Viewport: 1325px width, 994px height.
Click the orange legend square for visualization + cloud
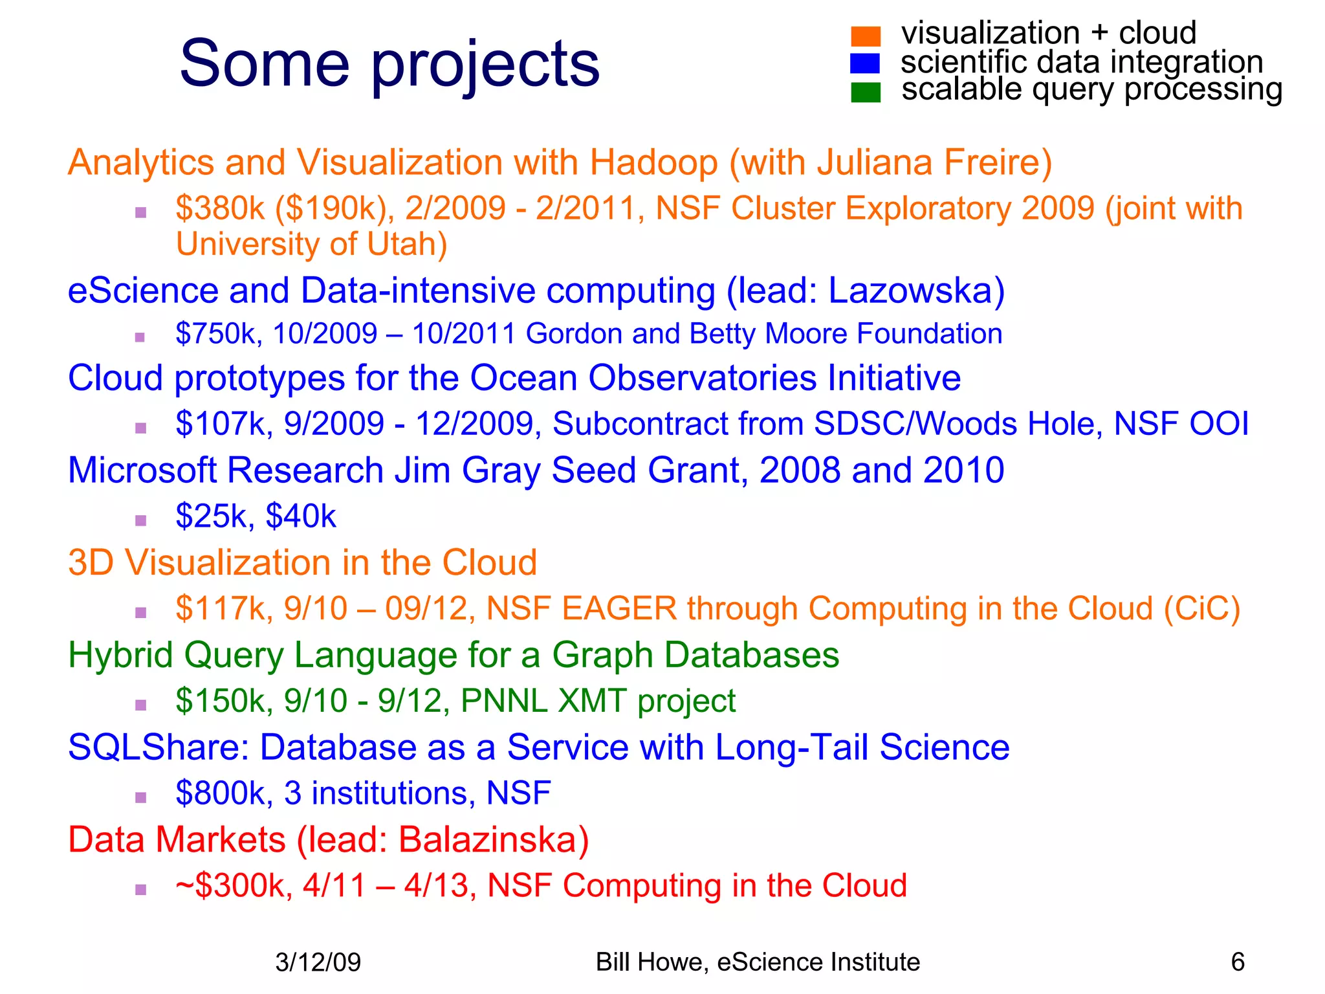pos(866,36)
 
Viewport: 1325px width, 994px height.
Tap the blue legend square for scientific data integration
pos(865,63)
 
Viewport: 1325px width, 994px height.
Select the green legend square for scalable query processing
pos(866,92)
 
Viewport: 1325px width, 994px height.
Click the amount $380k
pos(220,208)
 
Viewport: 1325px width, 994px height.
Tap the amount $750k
pos(219,334)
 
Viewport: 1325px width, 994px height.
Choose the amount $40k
pos(301,516)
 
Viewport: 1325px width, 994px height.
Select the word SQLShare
pos(159,747)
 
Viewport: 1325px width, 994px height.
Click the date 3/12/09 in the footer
pos(318,962)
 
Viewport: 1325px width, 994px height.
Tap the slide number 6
pos(1237,962)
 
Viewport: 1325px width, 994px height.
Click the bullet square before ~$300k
pos(141,890)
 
